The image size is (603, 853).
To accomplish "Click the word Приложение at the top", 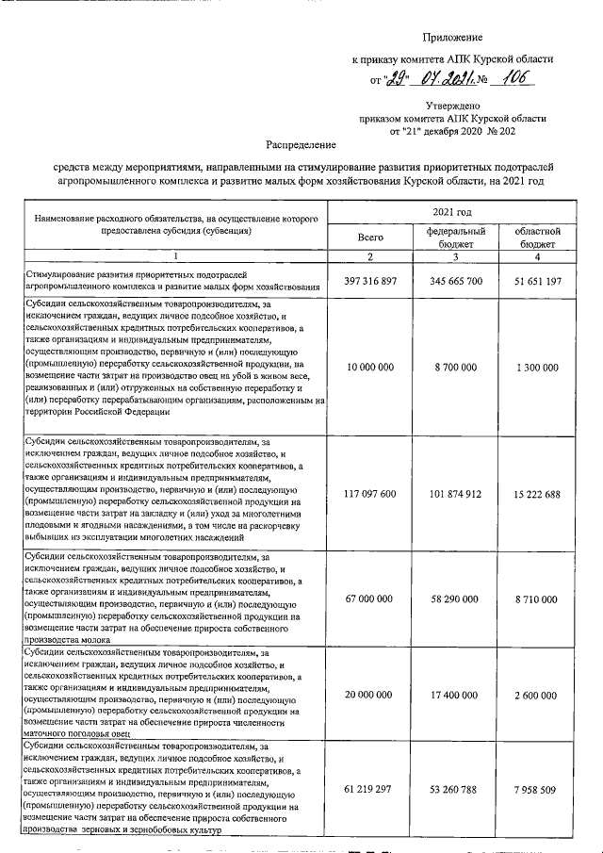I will coord(452,38).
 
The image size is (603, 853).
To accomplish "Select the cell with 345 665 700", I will coord(456,281).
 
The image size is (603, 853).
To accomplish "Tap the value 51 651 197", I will coord(538,281).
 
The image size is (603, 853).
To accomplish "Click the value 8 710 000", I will coord(538,598).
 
